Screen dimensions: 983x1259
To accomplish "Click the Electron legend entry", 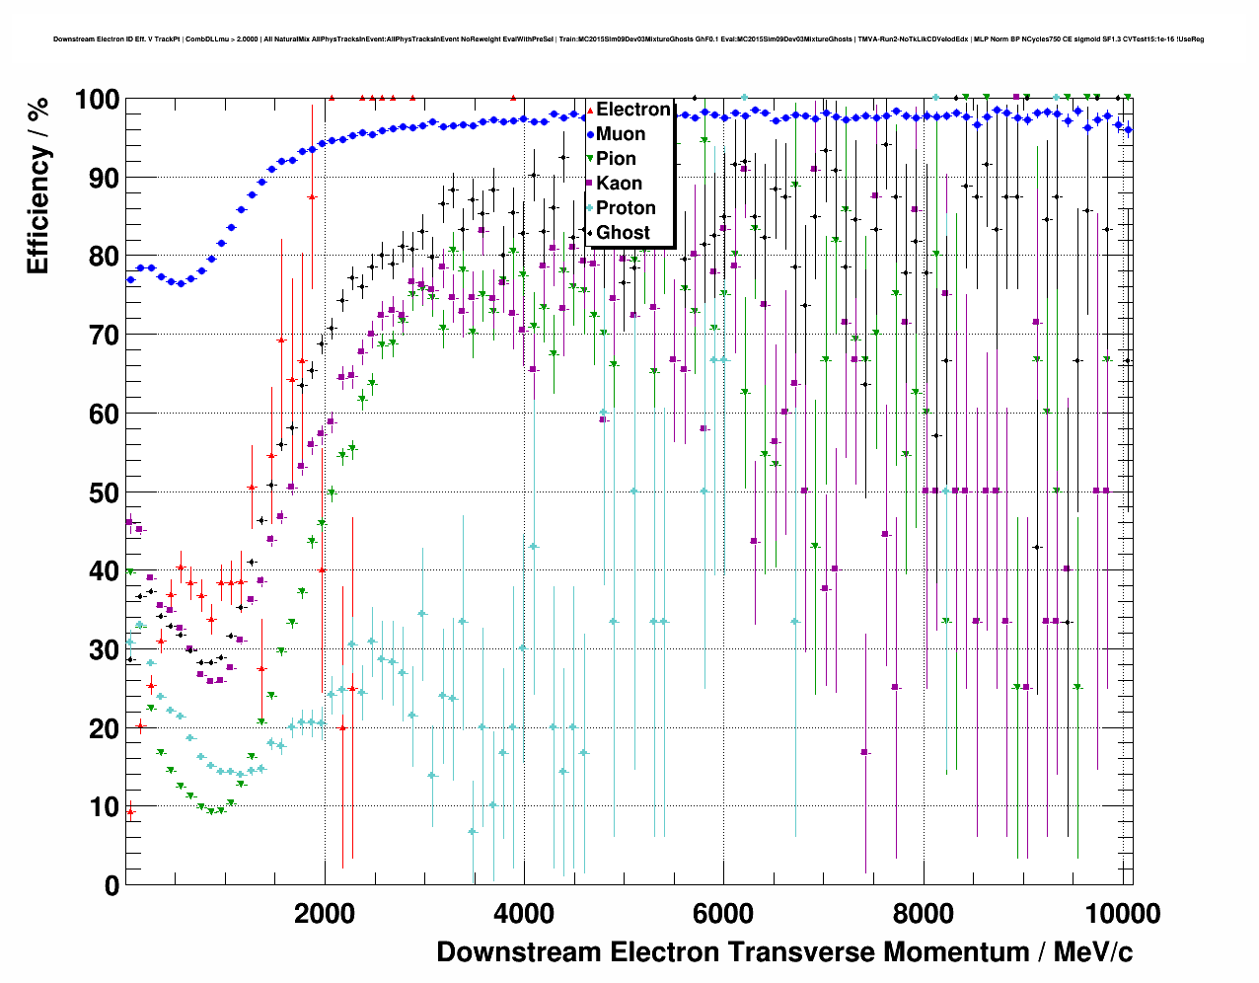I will pos(632,110).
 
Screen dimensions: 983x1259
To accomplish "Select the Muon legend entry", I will pos(621,134).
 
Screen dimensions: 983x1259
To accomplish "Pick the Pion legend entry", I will pos(616,159).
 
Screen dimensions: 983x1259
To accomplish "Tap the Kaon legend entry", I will pos(619,184).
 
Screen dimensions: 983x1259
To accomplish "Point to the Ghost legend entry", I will pos(623,233).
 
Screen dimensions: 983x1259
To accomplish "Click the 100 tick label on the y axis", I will pos(96,101).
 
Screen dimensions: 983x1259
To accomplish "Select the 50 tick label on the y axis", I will pos(104,492).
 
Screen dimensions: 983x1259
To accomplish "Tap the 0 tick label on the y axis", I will pos(111,885).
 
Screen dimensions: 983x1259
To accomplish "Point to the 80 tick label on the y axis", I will pos(104,257).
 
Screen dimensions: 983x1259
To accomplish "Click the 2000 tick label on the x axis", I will pos(325,913).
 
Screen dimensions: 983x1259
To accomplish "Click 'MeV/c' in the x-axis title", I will pos(1092,952).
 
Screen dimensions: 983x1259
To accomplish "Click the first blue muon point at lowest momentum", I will pos(130,279).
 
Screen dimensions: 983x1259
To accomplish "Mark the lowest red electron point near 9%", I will pos(130,812).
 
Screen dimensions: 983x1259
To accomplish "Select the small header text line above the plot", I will pos(629,39).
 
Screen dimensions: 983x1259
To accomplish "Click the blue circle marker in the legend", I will pos(590,134).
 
